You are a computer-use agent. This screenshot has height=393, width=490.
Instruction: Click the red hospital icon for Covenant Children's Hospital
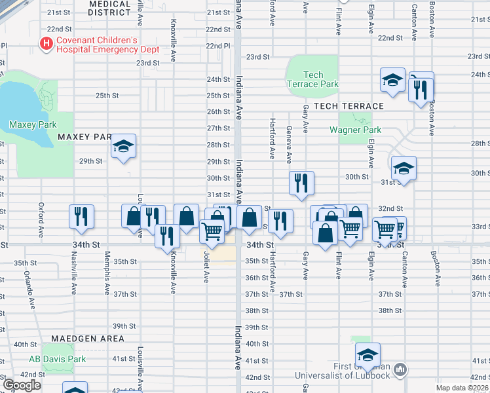click(47, 44)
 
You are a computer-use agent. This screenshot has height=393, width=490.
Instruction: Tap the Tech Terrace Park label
click(312, 79)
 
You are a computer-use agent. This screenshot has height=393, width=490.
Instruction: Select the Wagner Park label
click(355, 130)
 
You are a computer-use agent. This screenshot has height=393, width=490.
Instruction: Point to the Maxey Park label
click(33, 124)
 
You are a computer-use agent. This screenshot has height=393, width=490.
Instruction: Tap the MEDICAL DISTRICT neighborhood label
click(109, 7)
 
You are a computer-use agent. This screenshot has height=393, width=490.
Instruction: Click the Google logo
click(21, 385)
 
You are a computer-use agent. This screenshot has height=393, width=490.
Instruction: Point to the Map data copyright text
click(462, 388)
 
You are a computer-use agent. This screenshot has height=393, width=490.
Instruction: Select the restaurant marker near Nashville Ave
click(81, 216)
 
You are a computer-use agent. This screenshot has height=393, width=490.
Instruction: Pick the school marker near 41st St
click(367, 354)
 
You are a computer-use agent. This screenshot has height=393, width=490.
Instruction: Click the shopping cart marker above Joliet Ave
click(212, 233)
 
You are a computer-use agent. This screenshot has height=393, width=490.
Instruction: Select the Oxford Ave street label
click(41, 219)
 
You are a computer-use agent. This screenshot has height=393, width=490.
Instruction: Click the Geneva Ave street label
click(289, 146)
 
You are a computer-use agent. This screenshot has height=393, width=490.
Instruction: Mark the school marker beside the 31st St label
click(404, 168)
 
